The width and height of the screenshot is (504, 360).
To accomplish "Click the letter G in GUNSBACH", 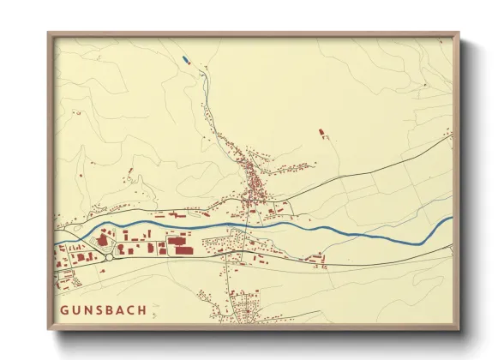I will (x=64, y=309).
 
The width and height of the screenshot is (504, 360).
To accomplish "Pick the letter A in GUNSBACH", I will (x=119, y=309).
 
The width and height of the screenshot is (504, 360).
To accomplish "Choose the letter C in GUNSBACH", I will (x=129, y=309).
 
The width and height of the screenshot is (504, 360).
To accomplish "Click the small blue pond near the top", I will (x=183, y=59).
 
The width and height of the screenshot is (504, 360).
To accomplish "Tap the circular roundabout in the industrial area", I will (x=109, y=255).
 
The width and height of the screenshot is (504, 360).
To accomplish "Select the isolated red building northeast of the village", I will (x=321, y=132).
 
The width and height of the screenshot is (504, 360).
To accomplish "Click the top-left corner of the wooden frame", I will (x=49, y=34).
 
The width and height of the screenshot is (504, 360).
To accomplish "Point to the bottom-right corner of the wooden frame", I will (x=458, y=329).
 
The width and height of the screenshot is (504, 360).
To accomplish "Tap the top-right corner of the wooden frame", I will (x=458, y=34).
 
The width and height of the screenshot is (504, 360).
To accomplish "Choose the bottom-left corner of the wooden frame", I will (x=49, y=329).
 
